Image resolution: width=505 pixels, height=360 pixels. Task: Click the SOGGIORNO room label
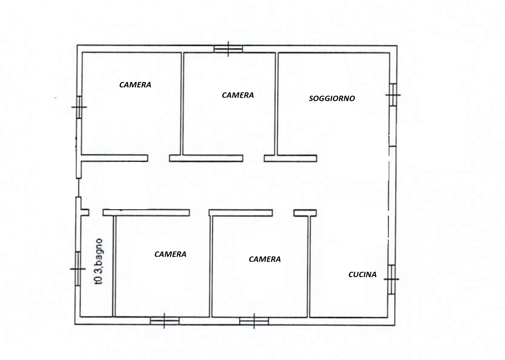pyautogui.click(x=332, y=99)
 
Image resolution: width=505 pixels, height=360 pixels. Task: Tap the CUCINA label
pyautogui.click(x=362, y=275)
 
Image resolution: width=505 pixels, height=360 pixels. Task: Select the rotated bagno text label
pyautogui.click(x=99, y=262)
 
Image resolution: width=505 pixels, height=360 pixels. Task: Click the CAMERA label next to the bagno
pyautogui.click(x=170, y=254)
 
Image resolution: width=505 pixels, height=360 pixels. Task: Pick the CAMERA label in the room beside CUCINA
pyautogui.click(x=265, y=259)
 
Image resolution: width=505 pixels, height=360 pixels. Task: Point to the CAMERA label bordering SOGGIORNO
pyautogui.click(x=238, y=95)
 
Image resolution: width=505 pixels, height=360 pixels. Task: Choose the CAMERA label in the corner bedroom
pyautogui.click(x=135, y=85)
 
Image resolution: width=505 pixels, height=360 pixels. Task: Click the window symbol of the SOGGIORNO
pyautogui.click(x=393, y=95)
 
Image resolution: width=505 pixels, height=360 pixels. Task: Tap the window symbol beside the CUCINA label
pyautogui.click(x=392, y=279)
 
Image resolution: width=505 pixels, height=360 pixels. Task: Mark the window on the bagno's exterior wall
pyautogui.click(x=78, y=269)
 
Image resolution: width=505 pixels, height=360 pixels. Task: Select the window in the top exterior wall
pyautogui.click(x=228, y=49)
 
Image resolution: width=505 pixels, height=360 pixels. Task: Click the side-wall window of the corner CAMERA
pyautogui.click(x=79, y=107)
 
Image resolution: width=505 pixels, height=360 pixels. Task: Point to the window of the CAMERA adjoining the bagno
pyautogui.click(x=164, y=321)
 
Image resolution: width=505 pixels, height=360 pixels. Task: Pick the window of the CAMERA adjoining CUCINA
pyautogui.click(x=254, y=321)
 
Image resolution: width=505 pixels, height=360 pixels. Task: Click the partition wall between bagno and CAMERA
pyautogui.click(x=114, y=266)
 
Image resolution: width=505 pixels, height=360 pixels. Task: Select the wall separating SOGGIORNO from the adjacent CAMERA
pyautogui.click(x=277, y=104)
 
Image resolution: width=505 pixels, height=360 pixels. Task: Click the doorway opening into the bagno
pyautogui.click(x=96, y=213)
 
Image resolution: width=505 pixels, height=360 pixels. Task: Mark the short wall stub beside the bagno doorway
pyautogui.click(x=85, y=213)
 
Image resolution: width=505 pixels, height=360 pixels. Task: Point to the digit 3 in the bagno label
pyautogui.click(x=99, y=270)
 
